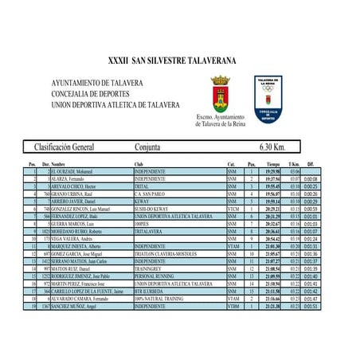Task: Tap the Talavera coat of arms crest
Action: pyautogui.click(x=220, y=93)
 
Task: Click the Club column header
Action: pyautogui.click(x=139, y=163)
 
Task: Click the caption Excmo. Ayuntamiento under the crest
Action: pyautogui.click(x=221, y=117)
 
